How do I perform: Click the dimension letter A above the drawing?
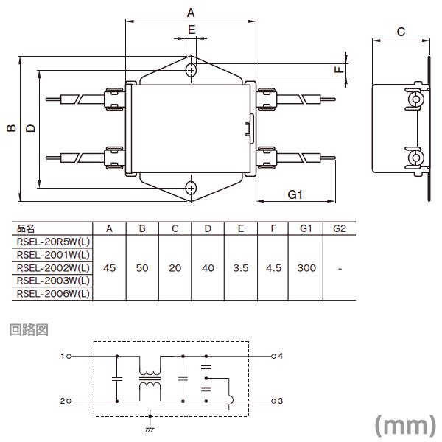click(x=191, y=13)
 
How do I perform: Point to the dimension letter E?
click(x=192, y=29)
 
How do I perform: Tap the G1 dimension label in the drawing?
click(x=295, y=194)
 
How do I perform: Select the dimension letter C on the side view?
click(x=401, y=32)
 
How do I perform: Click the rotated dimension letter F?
click(x=339, y=69)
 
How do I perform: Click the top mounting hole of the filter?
click(x=191, y=70)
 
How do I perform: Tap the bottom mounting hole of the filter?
click(x=191, y=188)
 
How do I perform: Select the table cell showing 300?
click(x=306, y=268)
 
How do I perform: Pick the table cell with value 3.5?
click(x=241, y=268)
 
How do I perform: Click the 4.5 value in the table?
click(x=273, y=268)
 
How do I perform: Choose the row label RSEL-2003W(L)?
click(x=53, y=281)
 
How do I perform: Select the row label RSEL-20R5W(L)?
click(x=53, y=242)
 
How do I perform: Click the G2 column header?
click(x=340, y=228)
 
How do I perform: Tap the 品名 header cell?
click(x=26, y=228)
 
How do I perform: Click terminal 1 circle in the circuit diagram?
click(x=69, y=357)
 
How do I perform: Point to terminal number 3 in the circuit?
click(x=280, y=401)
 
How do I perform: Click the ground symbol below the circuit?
click(x=150, y=429)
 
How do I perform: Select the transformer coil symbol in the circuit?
click(x=150, y=379)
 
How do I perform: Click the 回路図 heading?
click(x=29, y=329)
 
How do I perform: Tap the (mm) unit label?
click(x=405, y=426)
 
